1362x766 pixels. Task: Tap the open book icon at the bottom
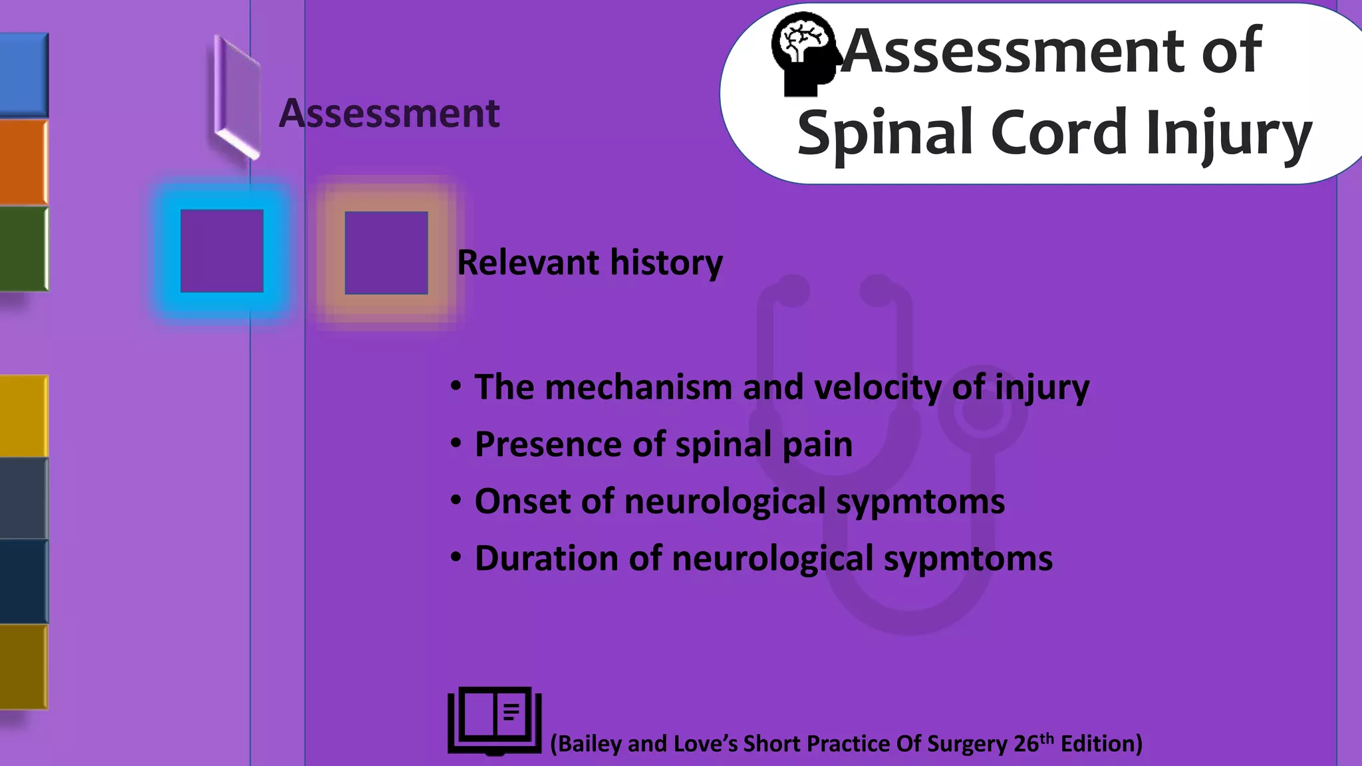495,721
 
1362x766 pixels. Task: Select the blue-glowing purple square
221,251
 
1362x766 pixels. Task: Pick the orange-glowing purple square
386,253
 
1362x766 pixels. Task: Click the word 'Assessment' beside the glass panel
389,113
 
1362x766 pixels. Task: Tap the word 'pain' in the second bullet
817,444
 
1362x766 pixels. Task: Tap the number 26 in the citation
1026,743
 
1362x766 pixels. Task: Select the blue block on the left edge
23,74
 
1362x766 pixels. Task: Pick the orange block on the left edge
23,162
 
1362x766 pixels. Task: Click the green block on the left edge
23,248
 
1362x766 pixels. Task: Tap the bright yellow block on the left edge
23,416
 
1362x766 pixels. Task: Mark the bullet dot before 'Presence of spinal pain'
456,443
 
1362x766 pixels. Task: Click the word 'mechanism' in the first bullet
638,387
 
